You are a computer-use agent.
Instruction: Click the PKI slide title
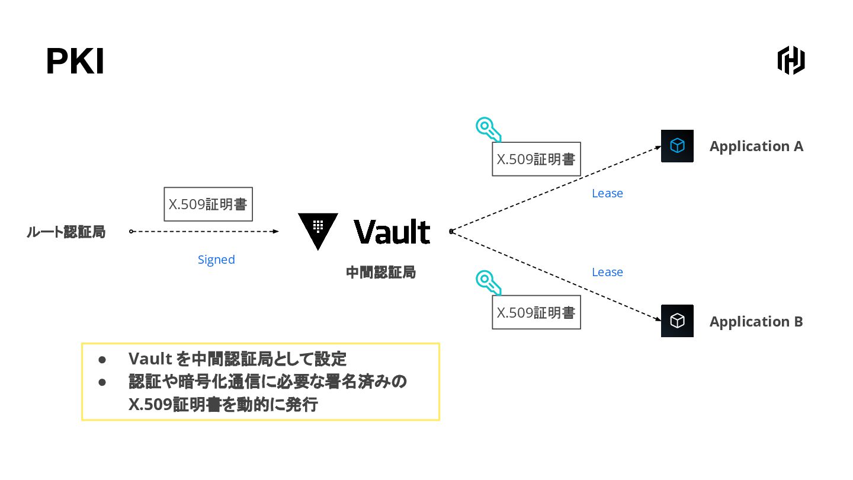pos(75,62)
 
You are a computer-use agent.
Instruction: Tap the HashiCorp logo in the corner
pos(791,60)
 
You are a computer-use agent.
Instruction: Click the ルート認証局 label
pos(66,232)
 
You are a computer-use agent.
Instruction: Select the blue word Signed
pos(216,260)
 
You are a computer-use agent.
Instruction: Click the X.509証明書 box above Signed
pos(208,204)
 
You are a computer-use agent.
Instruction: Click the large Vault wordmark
pos(392,232)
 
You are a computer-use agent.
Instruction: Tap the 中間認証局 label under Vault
pos(381,273)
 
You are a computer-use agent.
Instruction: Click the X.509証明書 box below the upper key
pos(536,159)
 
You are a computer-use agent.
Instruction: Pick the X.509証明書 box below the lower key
pos(536,312)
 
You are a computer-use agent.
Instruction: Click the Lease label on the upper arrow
pos(607,193)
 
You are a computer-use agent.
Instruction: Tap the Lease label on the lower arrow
pos(607,272)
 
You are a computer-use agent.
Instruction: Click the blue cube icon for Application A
pos(677,146)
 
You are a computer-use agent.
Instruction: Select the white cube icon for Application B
pos(677,321)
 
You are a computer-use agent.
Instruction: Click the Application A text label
pos(756,146)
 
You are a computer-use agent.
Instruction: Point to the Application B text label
pos(756,322)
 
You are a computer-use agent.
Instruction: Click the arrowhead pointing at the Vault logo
pos(275,232)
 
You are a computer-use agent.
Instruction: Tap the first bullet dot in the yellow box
pos(102,360)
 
